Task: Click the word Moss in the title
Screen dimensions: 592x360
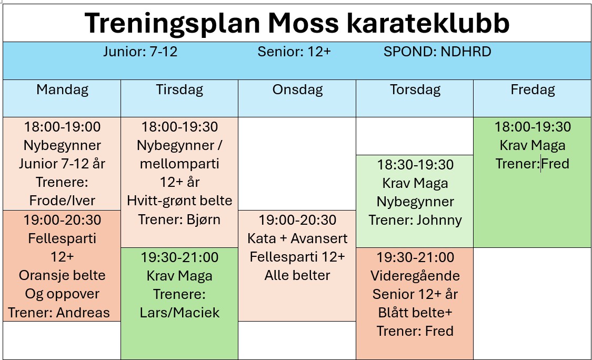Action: [303, 23]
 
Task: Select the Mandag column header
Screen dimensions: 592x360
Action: [62, 90]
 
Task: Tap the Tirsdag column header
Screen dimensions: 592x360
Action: [180, 90]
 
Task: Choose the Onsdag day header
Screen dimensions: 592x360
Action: [297, 90]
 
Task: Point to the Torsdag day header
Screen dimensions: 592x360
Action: [415, 90]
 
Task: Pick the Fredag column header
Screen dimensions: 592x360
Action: [533, 90]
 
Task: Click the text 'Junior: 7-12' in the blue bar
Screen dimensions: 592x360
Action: [141, 52]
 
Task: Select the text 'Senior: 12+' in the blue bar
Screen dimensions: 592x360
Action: [294, 52]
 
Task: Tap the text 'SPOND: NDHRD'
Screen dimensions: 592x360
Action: [437, 52]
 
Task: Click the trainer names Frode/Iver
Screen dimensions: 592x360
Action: [62, 201]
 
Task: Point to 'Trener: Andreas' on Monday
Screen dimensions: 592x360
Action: [59, 313]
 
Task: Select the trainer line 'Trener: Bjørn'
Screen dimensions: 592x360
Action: [179, 219]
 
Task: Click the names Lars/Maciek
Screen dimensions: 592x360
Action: [180, 313]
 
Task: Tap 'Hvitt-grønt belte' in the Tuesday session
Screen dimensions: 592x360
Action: [180, 201]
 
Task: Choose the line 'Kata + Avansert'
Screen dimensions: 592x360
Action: [297, 238]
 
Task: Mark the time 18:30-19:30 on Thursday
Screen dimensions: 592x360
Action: [415, 165]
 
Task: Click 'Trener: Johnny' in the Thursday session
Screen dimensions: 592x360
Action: [415, 220]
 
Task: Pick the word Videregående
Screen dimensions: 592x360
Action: [415, 276]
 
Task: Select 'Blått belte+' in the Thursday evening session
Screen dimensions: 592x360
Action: [415, 313]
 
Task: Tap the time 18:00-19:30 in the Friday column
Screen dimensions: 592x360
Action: [533, 127]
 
